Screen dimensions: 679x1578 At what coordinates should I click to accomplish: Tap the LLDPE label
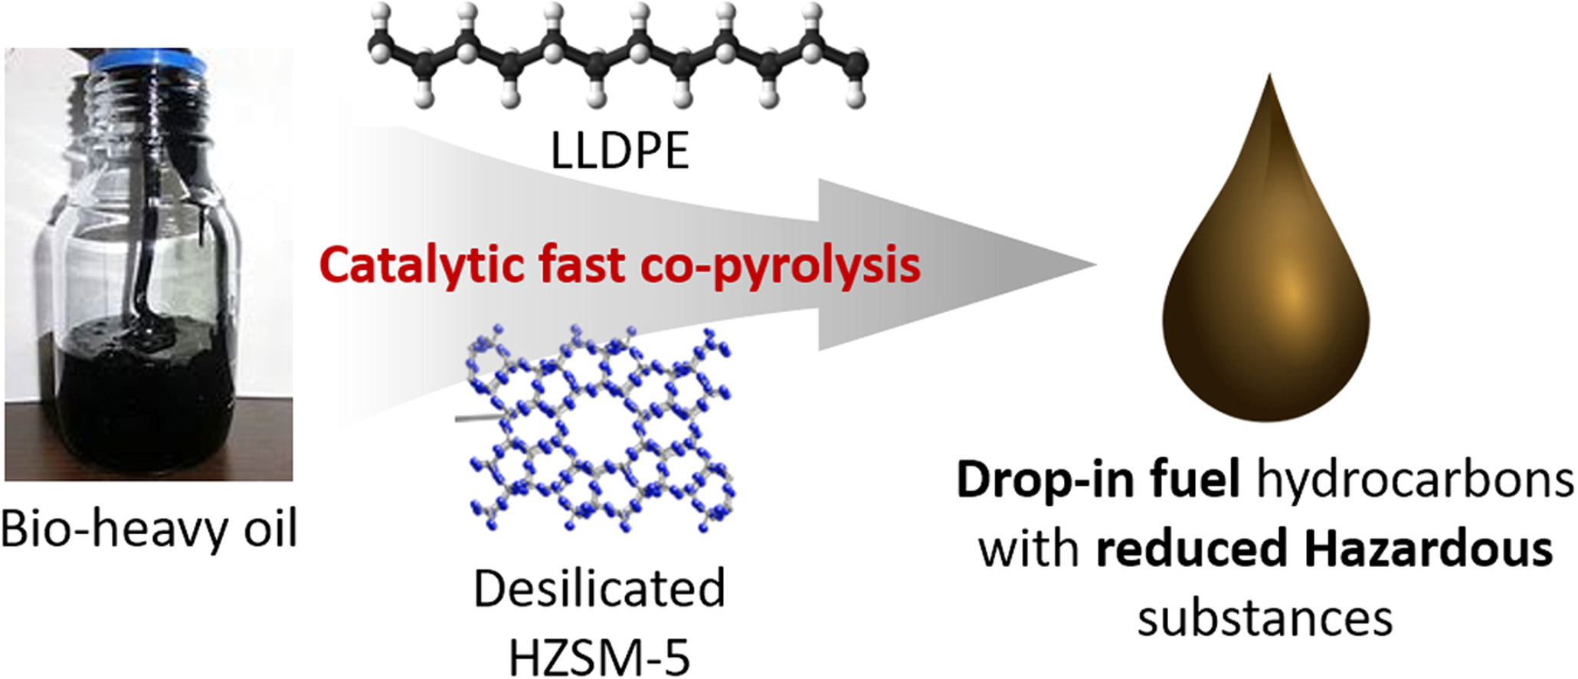pyautogui.click(x=620, y=151)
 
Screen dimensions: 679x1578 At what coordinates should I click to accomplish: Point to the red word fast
pyautogui.click(x=581, y=264)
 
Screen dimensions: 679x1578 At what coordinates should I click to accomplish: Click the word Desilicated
pyautogui.click(x=599, y=589)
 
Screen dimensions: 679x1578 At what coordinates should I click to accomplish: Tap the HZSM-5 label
pyautogui.click(x=599, y=657)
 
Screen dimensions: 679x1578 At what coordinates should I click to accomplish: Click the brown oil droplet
pyautogui.click(x=1265, y=307)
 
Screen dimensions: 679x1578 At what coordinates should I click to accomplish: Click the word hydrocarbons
pyautogui.click(x=1415, y=481)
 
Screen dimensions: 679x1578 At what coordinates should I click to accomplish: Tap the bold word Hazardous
pyautogui.click(x=1429, y=549)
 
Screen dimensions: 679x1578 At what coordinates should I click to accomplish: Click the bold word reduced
pyautogui.click(x=1191, y=549)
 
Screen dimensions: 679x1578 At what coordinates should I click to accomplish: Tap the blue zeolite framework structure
pyautogui.click(x=597, y=429)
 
